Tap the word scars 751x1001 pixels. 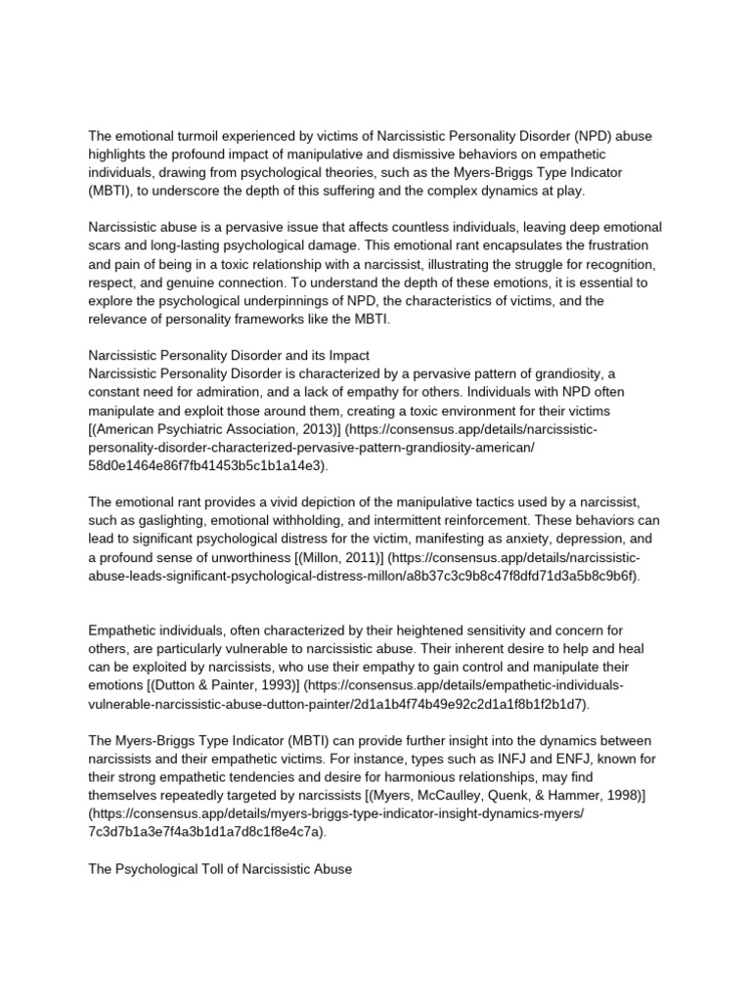point(108,244)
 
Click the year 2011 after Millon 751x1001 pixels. point(356,557)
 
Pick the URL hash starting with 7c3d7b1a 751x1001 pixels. point(209,833)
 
